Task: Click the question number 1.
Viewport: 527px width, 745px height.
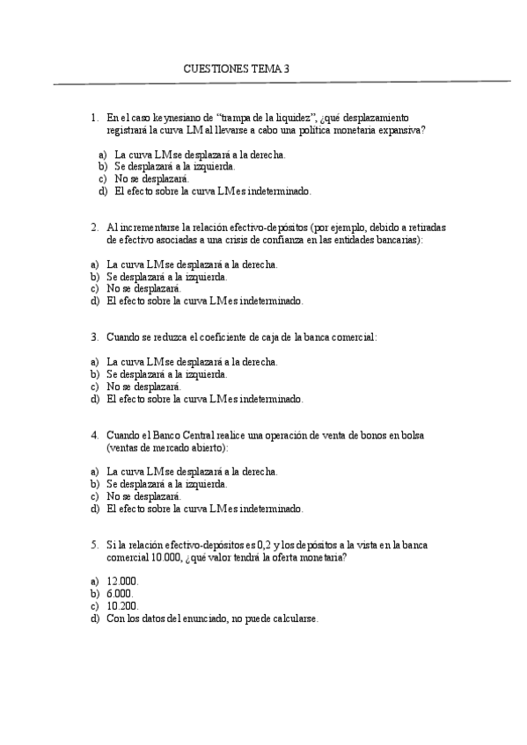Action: click(94, 117)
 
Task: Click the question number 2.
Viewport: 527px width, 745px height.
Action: click(94, 226)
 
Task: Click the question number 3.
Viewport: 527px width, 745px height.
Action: click(94, 336)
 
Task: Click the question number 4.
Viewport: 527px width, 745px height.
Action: click(94, 434)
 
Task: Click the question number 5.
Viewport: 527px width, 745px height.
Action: click(94, 545)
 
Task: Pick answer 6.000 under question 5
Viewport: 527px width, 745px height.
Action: click(120, 594)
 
